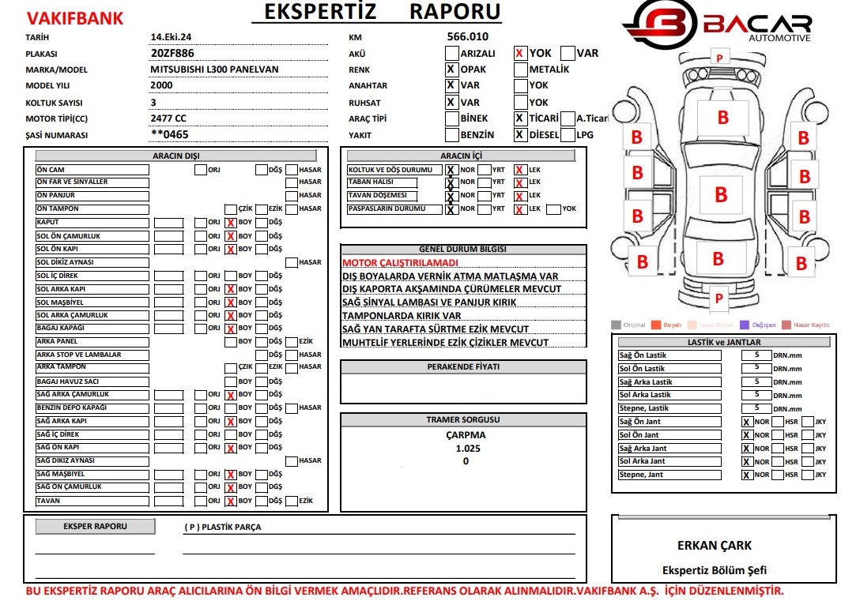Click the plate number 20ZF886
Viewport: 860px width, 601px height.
pyautogui.click(x=172, y=53)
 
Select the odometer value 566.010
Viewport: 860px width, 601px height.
pyautogui.click(x=468, y=36)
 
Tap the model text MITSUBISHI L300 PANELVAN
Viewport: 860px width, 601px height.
pyautogui.click(x=214, y=69)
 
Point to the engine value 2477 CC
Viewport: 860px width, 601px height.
pyautogui.click(x=168, y=118)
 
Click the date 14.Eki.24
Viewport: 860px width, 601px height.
pyautogui.click(x=171, y=37)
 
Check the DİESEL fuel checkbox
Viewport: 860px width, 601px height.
pyautogui.click(x=520, y=135)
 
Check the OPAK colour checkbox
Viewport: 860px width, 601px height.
pyautogui.click(x=451, y=69)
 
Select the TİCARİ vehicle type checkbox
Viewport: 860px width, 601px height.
pyautogui.click(x=520, y=118)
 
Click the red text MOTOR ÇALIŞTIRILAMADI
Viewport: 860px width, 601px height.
pyautogui.click(x=400, y=262)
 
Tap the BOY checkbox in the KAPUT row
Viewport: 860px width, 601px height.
pyautogui.click(x=231, y=223)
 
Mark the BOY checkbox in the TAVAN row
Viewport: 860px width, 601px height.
pyautogui.click(x=231, y=501)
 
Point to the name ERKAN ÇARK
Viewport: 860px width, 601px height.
pyautogui.click(x=715, y=545)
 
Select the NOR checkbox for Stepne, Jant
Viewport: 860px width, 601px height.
pyautogui.click(x=747, y=475)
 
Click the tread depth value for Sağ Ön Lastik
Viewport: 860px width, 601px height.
pyautogui.click(x=756, y=355)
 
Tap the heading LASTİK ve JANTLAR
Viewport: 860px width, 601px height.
pyautogui.click(x=724, y=342)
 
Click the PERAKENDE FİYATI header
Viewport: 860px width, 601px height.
pyautogui.click(x=463, y=367)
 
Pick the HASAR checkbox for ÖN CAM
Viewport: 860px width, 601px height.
pyautogui.click(x=292, y=169)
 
